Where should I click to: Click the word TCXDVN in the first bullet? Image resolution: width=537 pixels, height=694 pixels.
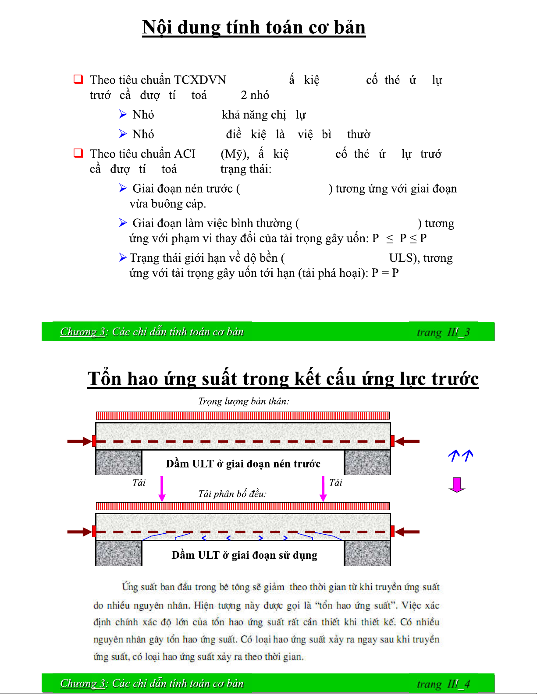point(200,80)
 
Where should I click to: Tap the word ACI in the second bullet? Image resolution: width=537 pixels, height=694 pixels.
point(185,154)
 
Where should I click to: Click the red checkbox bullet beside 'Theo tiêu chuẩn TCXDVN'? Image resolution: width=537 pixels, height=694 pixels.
point(78,79)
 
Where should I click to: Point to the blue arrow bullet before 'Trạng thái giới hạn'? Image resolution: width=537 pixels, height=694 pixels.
point(123,257)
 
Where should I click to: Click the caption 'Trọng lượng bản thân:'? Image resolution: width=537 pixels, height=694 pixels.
point(243,402)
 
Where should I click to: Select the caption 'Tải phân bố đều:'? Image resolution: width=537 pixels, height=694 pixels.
point(232,494)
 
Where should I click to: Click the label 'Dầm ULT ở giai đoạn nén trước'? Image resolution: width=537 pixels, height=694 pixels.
point(243,464)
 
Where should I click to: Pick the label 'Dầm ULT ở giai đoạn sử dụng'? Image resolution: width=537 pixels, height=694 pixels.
point(244,555)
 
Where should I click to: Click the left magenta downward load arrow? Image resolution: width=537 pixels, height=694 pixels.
point(162,489)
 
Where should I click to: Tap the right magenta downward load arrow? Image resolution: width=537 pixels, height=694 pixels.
point(323,489)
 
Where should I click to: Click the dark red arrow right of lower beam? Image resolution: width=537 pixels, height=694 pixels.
point(407,532)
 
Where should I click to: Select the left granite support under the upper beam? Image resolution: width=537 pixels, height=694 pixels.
point(118,463)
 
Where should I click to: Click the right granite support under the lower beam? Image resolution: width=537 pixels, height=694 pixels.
point(367,553)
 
